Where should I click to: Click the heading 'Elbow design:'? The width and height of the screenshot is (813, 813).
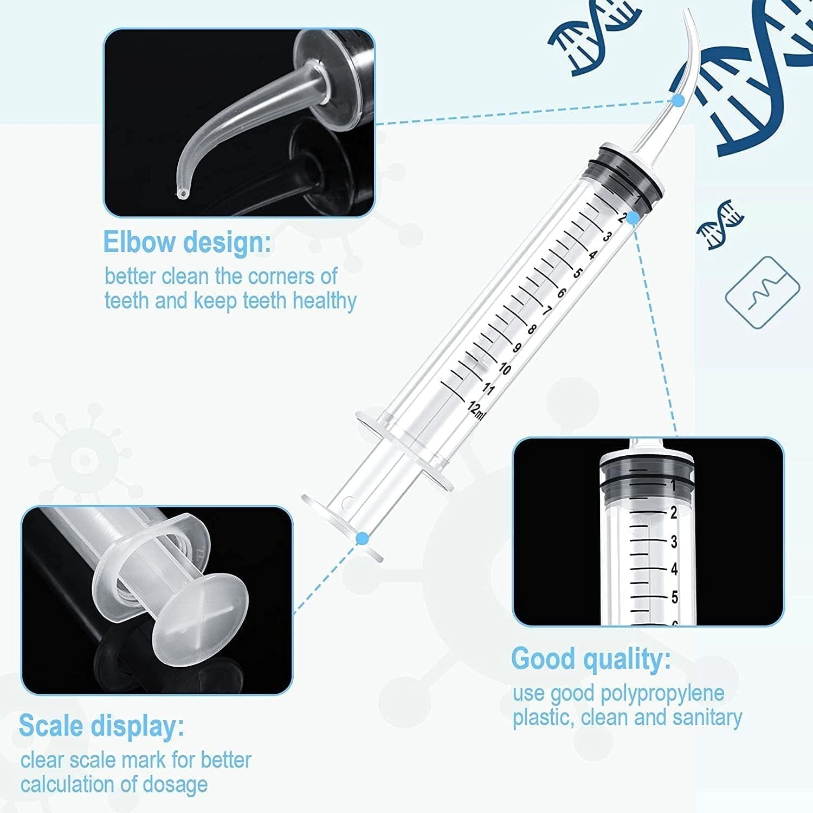tap(186, 242)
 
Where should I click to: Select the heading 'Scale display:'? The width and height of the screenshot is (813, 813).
tap(101, 726)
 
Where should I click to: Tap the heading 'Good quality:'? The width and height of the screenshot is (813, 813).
tap(591, 659)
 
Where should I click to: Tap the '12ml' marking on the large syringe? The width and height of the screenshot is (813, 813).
tap(476, 410)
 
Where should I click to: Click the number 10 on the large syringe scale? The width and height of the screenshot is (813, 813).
tap(504, 369)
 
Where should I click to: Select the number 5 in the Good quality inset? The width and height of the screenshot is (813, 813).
tap(674, 597)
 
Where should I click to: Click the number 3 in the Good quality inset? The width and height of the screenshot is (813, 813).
tap(674, 541)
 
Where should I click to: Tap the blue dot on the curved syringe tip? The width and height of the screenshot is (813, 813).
tap(677, 100)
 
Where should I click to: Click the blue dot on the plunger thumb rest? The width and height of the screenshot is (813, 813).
tap(363, 538)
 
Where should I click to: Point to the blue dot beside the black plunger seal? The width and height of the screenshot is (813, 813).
tap(632, 216)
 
